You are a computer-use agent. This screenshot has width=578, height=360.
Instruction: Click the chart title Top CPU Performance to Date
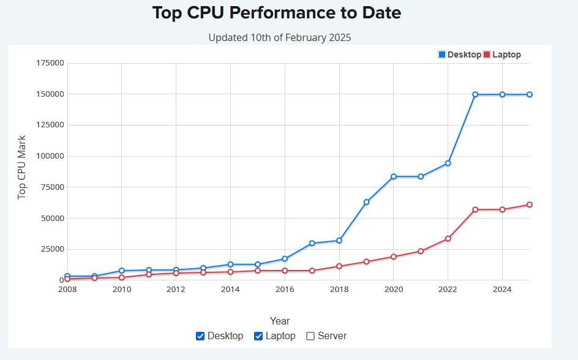coord(276,13)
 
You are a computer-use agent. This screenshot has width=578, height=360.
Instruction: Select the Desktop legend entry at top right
coord(460,54)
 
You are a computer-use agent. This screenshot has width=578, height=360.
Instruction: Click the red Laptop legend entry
coord(502,54)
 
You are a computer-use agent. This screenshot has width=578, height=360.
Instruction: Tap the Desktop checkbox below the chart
coord(200,336)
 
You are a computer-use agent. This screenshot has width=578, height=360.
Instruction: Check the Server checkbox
coord(310,336)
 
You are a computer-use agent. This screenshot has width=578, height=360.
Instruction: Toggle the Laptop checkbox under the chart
coord(258,336)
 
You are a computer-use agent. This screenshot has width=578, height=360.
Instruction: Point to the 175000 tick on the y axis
coord(50,63)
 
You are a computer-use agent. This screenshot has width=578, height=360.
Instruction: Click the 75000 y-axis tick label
coord(53,187)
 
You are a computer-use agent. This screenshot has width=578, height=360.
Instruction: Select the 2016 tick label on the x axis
coord(285,289)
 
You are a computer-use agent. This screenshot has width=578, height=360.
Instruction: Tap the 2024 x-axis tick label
coord(502,289)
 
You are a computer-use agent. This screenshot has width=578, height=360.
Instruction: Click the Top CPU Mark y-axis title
coord(22,167)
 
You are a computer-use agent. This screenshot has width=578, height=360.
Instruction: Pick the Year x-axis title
coord(280,321)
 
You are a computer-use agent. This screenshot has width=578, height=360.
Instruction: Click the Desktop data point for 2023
coord(475,94)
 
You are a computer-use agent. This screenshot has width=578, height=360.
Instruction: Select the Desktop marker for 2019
coord(366,202)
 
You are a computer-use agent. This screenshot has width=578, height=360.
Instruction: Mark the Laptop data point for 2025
coord(530,204)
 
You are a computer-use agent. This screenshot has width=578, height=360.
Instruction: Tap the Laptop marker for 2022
coord(448,239)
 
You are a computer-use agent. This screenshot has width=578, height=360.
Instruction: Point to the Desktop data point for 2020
coord(394,176)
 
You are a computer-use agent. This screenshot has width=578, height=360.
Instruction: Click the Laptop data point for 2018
coord(339,266)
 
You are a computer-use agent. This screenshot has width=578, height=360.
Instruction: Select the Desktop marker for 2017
coord(312,243)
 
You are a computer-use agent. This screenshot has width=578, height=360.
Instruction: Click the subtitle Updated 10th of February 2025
coord(280,37)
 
